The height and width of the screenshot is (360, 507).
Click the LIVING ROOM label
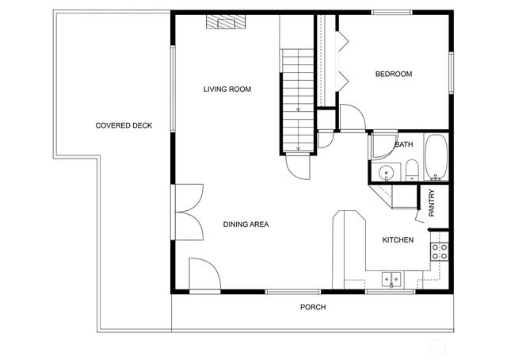[227, 90]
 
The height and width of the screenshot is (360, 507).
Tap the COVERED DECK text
[124, 125]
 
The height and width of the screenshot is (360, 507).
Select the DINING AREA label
[246, 224]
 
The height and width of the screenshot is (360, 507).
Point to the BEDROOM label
[393, 75]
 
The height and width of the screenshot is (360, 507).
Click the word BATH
[403, 144]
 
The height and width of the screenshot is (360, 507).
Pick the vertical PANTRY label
[432, 203]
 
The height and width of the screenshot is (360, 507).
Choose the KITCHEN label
[398, 239]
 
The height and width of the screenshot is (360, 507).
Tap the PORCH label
[312, 307]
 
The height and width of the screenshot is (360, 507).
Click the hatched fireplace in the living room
[223, 22]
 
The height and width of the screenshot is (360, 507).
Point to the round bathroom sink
[388, 172]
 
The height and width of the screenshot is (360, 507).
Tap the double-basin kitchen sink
[390, 278]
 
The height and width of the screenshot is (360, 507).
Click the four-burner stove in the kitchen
[439, 252]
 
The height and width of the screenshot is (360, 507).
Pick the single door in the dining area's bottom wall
[204, 275]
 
